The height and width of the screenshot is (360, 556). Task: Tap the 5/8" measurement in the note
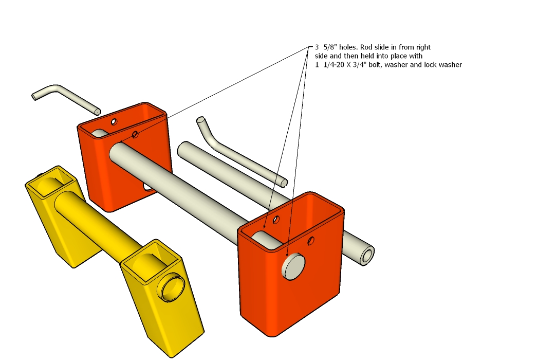coord(330,47)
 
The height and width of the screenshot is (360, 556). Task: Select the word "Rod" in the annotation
coord(367,47)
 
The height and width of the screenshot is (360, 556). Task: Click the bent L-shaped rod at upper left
coord(66,99)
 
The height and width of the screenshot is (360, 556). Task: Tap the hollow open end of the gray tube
coord(367,256)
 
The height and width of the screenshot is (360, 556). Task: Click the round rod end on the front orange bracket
coord(293,266)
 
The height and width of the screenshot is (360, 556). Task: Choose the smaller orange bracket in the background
coord(124,156)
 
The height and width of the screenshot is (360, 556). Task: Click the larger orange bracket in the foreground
coord(291,264)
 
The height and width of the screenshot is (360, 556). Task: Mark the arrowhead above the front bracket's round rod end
coord(287,254)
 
